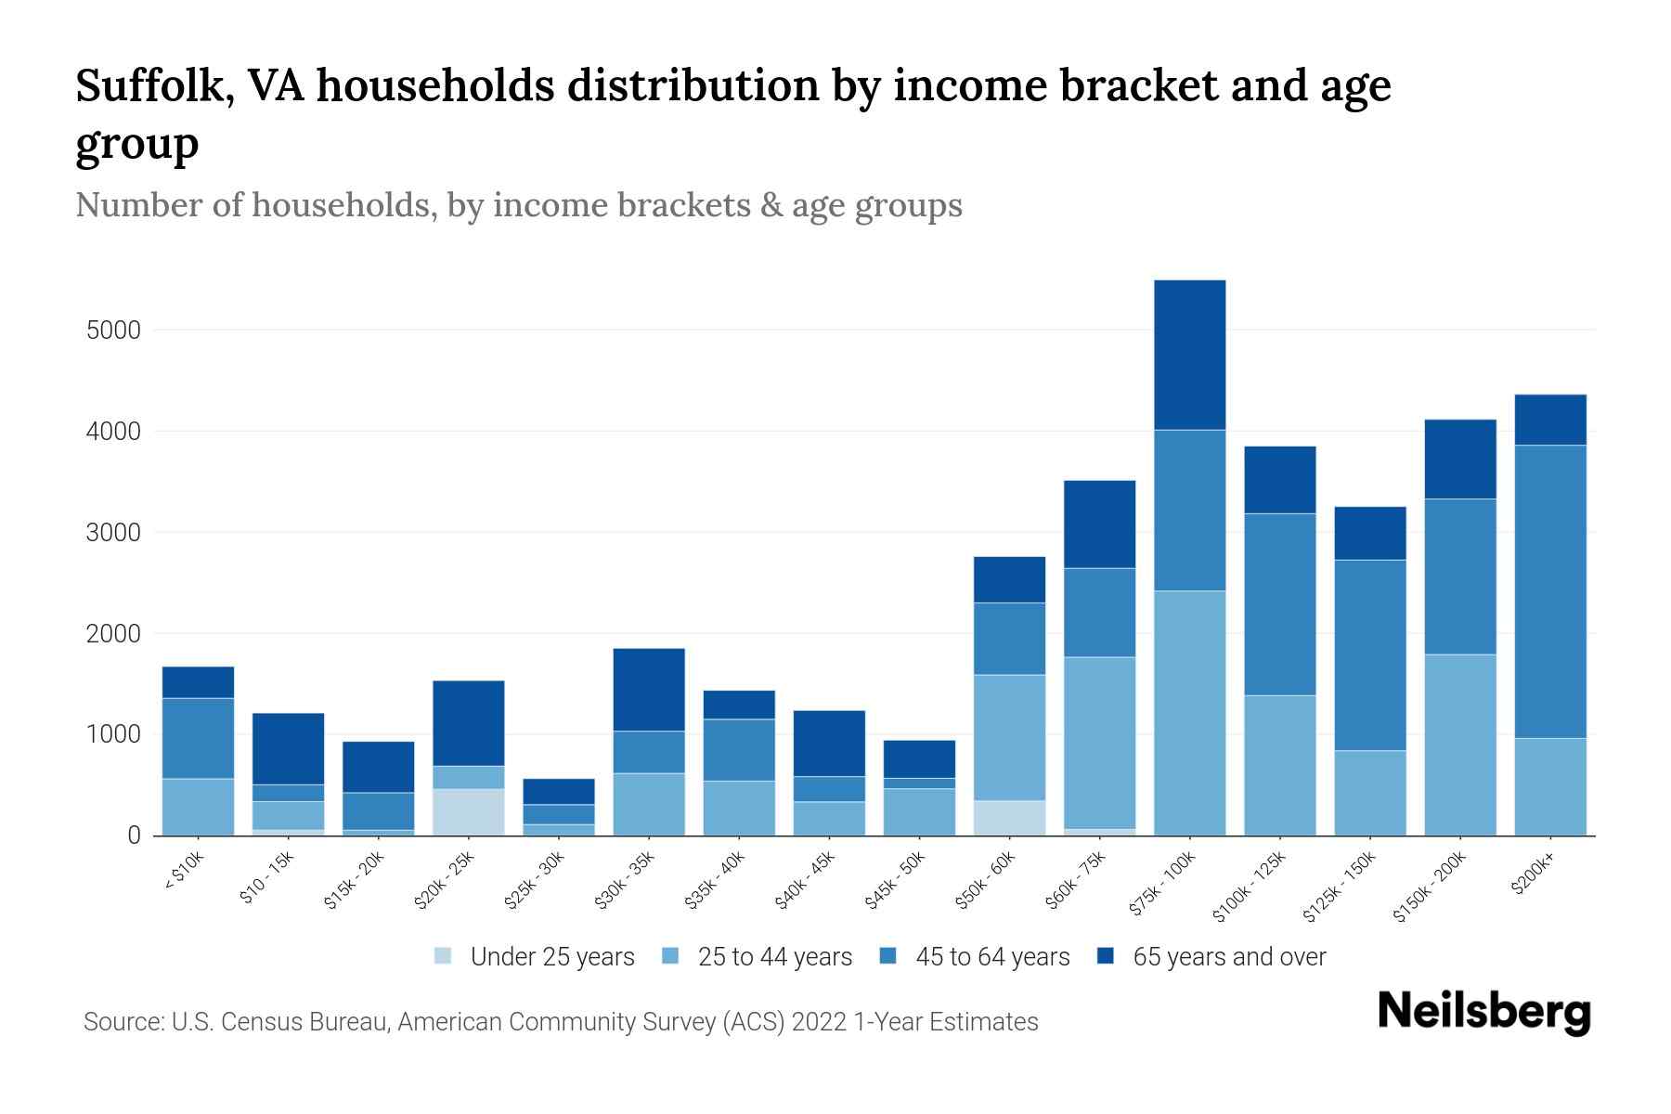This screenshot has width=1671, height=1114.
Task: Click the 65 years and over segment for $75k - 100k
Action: (1189, 355)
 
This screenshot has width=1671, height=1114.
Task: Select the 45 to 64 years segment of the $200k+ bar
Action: (1549, 591)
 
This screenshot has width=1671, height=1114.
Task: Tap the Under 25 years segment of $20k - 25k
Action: (468, 811)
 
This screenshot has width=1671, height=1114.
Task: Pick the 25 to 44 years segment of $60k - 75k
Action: (1099, 743)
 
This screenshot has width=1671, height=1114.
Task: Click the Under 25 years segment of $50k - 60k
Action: (1009, 817)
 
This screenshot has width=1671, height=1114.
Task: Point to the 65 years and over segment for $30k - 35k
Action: (649, 689)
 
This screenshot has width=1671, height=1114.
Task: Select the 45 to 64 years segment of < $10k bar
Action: (198, 738)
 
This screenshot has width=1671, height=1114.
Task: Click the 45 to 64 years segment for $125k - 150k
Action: (1369, 654)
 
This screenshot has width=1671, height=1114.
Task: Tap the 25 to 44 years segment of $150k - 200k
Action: (1459, 745)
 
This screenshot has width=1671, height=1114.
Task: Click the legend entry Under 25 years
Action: (551, 957)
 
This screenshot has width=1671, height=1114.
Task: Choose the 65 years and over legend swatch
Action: (1106, 956)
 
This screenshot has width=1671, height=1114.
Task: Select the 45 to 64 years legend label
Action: (991, 957)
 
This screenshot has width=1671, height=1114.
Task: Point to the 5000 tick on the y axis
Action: (112, 330)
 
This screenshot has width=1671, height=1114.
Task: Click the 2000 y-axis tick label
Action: (112, 634)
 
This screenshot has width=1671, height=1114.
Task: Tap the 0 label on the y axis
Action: (134, 835)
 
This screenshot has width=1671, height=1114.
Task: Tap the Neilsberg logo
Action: (1483, 1012)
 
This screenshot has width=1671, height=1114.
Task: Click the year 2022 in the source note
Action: (820, 1022)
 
